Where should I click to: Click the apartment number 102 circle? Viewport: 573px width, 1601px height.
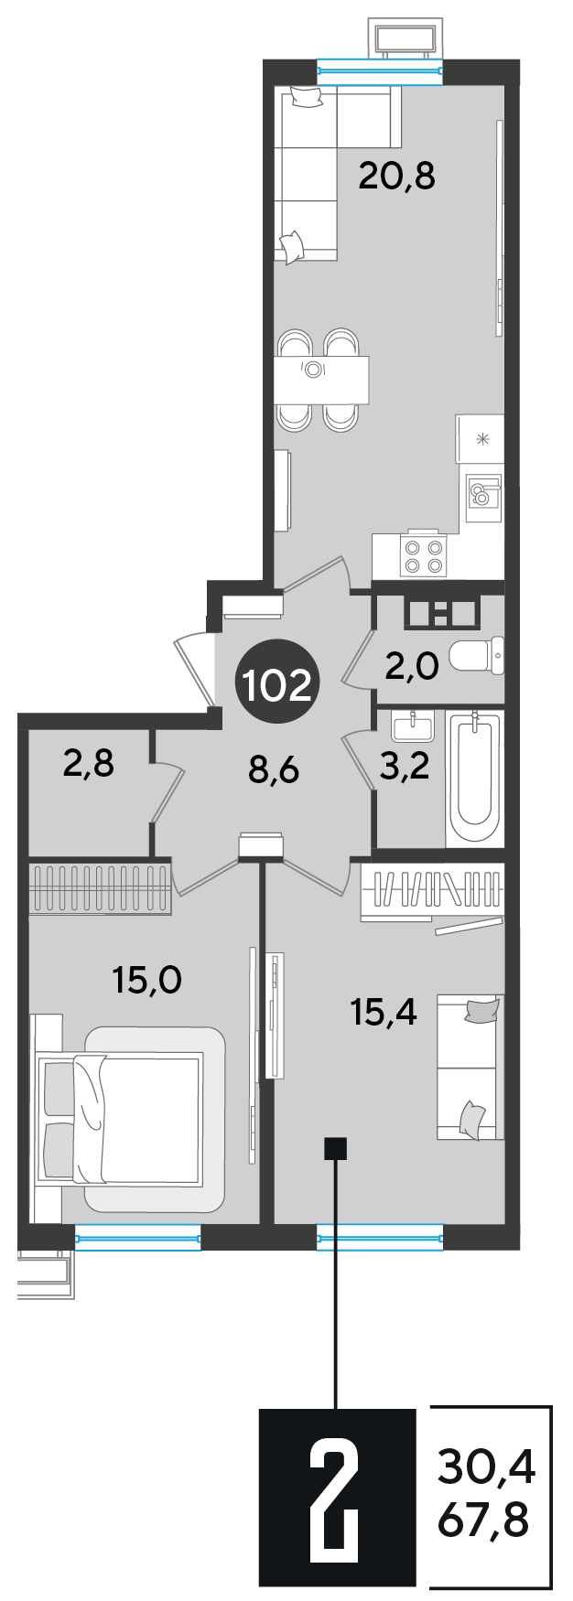[276, 685]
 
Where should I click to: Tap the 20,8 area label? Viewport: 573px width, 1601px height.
[396, 174]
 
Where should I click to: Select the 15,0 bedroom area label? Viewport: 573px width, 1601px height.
[146, 981]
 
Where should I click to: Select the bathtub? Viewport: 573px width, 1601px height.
[474, 779]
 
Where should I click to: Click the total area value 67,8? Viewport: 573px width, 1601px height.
[485, 1523]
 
